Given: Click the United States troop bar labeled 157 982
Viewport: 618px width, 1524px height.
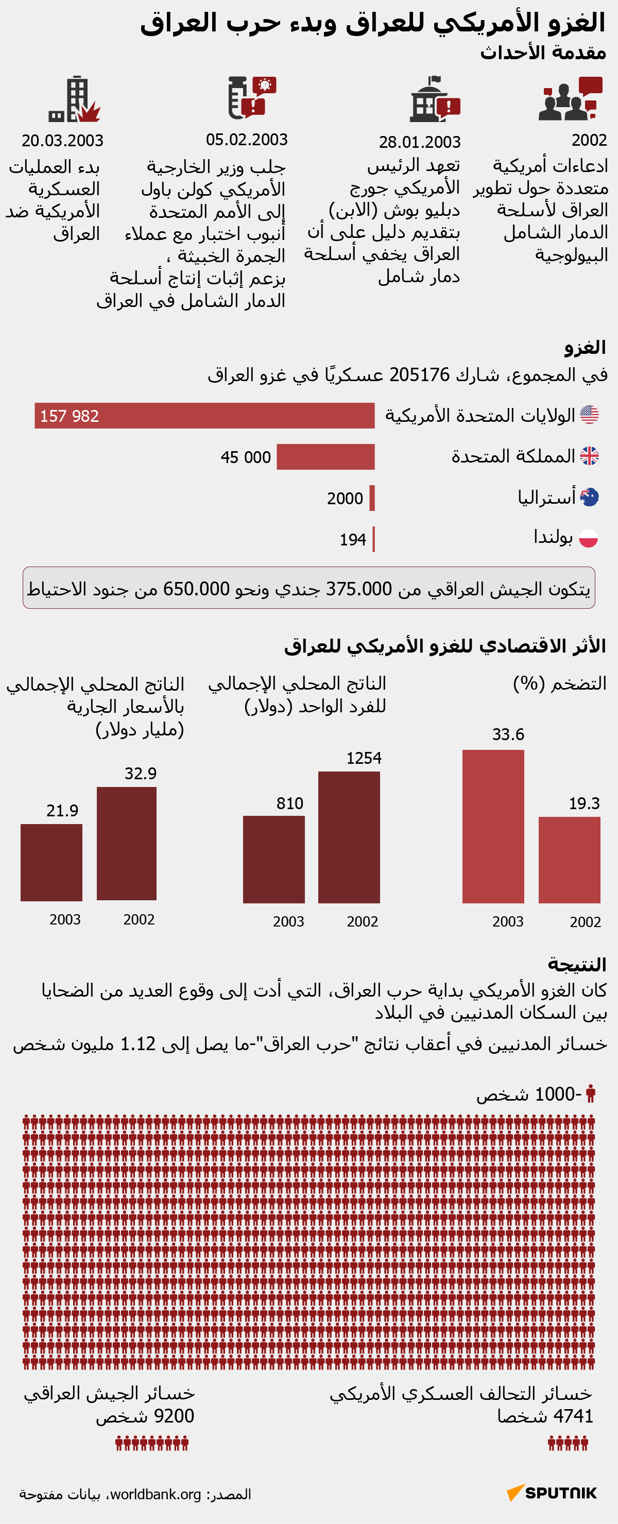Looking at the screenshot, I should [204, 415].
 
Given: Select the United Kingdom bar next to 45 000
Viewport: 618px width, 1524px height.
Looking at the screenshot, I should [325, 457].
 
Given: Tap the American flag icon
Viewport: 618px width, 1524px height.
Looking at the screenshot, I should [589, 415].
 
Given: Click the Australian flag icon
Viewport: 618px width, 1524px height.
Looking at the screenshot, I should [589, 497].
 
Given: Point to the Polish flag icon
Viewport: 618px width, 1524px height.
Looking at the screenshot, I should [589, 538].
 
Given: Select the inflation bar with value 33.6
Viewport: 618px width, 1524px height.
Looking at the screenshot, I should [493, 826].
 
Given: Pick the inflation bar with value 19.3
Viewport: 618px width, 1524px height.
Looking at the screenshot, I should [569, 860].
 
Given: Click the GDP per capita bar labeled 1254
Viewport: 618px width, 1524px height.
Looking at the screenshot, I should [349, 836].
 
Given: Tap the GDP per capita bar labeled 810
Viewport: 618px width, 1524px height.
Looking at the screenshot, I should [274, 859].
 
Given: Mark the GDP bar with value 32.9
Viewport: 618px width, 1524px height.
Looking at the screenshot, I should [127, 843].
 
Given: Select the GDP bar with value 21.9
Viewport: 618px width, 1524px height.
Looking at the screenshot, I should [51, 862].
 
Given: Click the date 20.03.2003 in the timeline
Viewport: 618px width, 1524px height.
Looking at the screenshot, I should [62, 141].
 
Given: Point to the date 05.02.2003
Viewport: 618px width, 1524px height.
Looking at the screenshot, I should [247, 140].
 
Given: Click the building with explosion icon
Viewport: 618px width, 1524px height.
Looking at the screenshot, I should [75, 99].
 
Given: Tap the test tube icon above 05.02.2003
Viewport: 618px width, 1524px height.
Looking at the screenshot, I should [238, 98].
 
